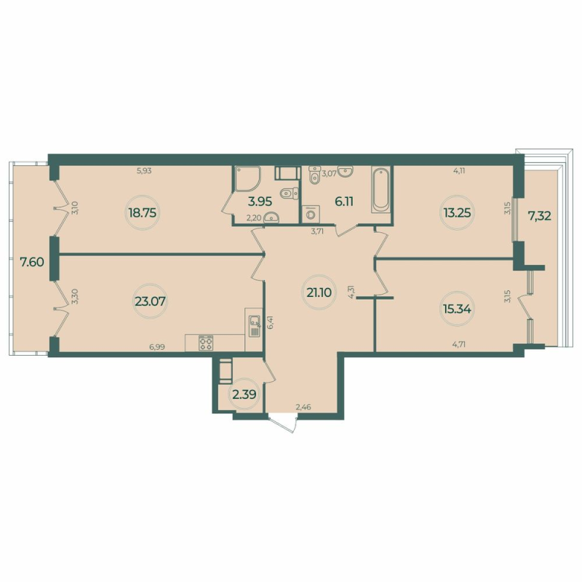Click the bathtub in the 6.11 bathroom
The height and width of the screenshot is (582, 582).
[381, 191]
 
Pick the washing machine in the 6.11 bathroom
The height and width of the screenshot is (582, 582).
[312, 213]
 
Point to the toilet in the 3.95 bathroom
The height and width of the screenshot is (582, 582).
[288, 194]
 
